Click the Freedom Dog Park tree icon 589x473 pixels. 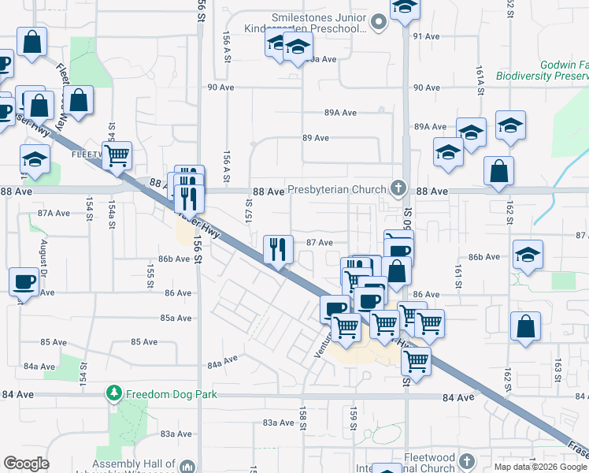114,392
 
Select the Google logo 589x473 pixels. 26,464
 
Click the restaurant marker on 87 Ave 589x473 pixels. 277,250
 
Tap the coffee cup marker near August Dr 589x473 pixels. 24,281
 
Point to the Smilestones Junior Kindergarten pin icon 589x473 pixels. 378,23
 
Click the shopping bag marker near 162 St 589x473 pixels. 525,326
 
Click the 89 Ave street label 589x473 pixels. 316,138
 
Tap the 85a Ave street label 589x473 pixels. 176,318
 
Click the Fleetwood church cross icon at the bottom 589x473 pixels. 466,460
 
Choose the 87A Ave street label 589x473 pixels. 54,213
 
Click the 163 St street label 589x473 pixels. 557,369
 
